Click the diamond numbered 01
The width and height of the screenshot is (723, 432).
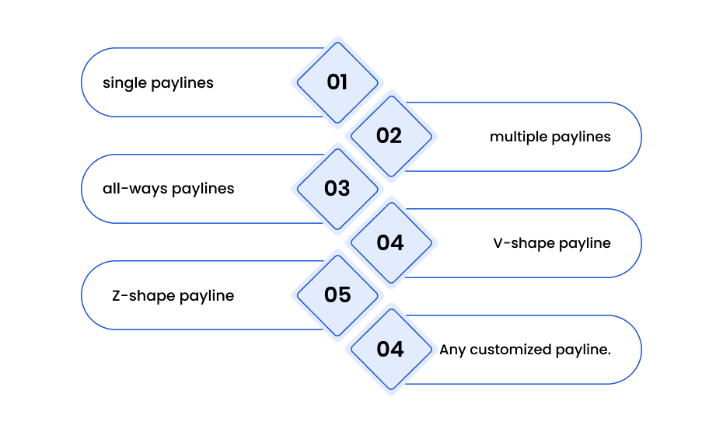(x=337, y=83)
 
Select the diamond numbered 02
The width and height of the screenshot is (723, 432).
(x=391, y=137)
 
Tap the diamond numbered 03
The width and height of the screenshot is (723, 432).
(x=337, y=189)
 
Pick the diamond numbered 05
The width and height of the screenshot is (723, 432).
(x=337, y=295)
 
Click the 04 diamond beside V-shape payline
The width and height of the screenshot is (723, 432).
(x=391, y=243)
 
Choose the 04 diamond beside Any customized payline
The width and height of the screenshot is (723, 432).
(x=391, y=350)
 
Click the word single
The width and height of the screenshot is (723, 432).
(x=124, y=83)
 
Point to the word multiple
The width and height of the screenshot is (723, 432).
(x=519, y=137)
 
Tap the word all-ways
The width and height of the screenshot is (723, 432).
(x=135, y=189)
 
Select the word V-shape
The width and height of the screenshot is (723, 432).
(x=524, y=243)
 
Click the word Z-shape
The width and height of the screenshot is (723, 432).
(x=143, y=295)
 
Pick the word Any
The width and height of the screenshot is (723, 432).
(x=452, y=350)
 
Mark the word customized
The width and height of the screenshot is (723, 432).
(x=511, y=350)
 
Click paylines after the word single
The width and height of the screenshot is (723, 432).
(x=182, y=83)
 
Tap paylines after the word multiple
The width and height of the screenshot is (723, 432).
(x=581, y=137)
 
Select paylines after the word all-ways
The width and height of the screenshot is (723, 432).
(x=203, y=189)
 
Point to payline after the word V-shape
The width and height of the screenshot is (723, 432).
(x=585, y=243)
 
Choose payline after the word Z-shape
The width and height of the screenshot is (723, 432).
(x=207, y=295)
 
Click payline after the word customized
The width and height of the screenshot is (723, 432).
(x=583, y=350)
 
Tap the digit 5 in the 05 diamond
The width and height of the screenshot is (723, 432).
(x=344, y=295)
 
